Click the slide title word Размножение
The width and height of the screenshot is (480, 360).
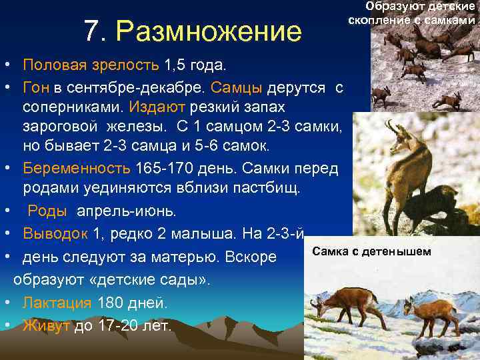coord(209,31)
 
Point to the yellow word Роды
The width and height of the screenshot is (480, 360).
coord(47,211)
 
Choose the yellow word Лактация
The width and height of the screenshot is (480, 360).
coord(57,303)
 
